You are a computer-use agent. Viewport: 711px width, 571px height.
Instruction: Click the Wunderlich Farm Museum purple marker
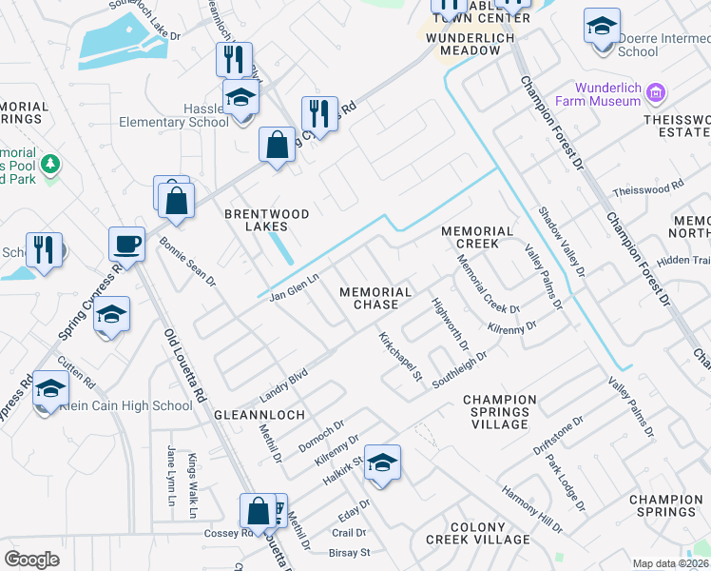pyautogui.click(x=655, y=93)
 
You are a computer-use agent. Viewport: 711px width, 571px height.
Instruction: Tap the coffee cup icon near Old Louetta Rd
pyautogui.click(x=126, y=245)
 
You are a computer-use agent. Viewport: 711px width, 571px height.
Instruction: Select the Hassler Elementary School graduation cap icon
pyautogui.click(x=241, y=98)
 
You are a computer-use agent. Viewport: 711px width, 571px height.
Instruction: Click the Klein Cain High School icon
pyautogui.click(x=50, y=389)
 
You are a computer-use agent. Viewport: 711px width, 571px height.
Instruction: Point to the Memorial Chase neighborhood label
pyautogui.click(x=375, y=298)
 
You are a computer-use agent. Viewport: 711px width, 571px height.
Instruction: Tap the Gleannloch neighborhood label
pyautogui.click(x=259, y=416)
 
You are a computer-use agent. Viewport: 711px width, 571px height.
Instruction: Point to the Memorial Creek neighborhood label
pyautogui.click(x=477, y=238)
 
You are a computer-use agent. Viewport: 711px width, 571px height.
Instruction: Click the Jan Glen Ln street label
pyautogui.click(x=293, y=284)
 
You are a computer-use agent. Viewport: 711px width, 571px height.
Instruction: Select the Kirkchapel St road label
pyautogui.click(x=399, y=357)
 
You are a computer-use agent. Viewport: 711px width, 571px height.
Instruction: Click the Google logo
pyautogui.click(x=31, y=559)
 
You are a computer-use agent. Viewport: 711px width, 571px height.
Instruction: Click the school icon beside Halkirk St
pyautogui.click(x=382, y=463)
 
